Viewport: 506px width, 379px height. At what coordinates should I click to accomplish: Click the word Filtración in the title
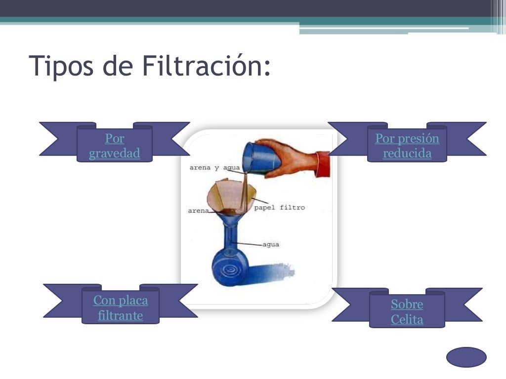pos(206,66)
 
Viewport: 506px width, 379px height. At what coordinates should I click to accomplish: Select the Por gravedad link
pos(115,146)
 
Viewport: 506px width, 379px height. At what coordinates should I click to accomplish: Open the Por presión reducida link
pos(407,146)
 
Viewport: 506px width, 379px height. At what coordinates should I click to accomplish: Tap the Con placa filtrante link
pos(121,308)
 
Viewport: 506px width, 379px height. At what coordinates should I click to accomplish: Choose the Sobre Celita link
pos(407,312)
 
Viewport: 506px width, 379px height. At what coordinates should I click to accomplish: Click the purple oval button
pos(466,357)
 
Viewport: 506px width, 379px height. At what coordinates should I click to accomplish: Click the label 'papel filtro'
pos(279,208)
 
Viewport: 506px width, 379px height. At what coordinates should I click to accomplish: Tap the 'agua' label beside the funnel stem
pos(271,244)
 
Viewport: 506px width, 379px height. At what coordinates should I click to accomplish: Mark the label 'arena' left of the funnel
pos(198,211)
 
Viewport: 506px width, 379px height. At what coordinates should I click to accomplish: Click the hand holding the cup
pos(292,157)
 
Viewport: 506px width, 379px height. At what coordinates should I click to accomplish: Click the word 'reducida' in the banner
pos(407,153)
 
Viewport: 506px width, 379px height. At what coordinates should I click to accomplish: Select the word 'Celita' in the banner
pos(407,320)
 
